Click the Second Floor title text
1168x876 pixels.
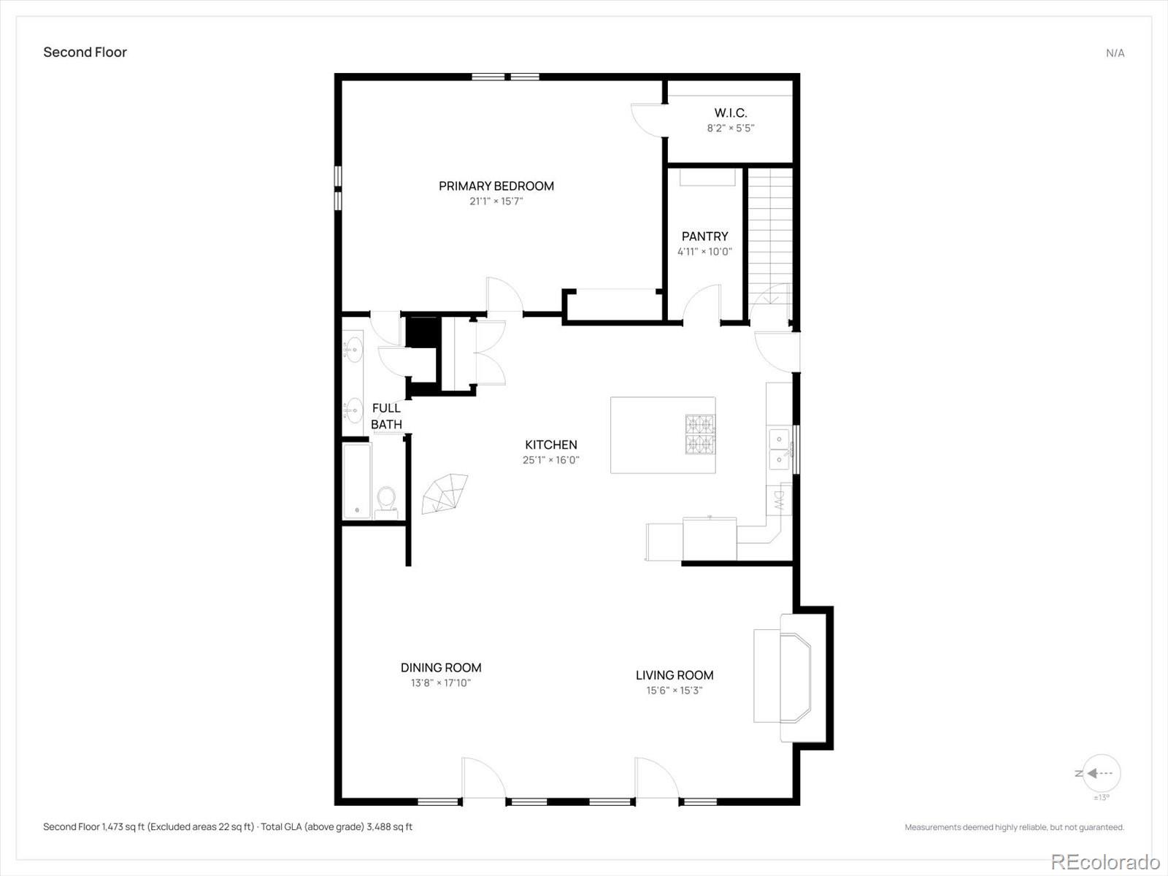tap(85, 52)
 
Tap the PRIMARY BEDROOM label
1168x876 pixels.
tap(496, 186)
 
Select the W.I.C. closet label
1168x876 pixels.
tap(731, 112)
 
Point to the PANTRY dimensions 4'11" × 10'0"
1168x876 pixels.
tap(704, 252)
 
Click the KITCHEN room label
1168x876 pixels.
tap(550, 445)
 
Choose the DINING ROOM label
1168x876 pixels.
tap(441, 667)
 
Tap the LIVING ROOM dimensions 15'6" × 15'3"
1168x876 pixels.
tap(675, 691)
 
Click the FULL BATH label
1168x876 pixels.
tap(386, 416)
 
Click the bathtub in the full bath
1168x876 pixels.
tap(357, 481)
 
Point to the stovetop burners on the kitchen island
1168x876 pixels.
tap(700, 434)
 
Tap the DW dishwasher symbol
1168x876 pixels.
tap(779, 499)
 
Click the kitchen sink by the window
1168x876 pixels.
tap(780, 449)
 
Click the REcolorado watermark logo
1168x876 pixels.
tap(1106, 861)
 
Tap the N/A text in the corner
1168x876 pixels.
tap(1115, 53)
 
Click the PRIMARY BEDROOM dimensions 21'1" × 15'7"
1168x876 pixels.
tap(496, 201)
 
